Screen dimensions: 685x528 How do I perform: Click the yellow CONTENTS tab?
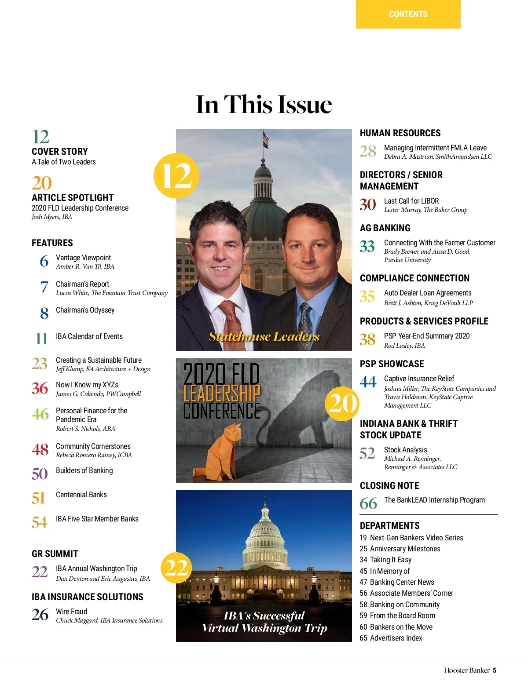[x=408, y=14]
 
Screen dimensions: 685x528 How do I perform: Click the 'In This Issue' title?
[x=264, y=105]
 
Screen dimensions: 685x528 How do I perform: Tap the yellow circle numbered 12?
[x=176, y=175]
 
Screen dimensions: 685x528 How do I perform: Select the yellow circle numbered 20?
[x=342, y=403]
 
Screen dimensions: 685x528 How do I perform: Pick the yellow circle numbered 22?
[x=176, y=568]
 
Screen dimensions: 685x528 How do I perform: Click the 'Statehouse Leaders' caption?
[x=264, y=336]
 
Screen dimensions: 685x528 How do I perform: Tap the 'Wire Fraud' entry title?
[x=72, y=612]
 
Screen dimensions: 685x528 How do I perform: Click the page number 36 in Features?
[x=40, y=388]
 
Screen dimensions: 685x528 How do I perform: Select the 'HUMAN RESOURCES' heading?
[x=400, y=133]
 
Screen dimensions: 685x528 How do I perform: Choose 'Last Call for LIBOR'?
[x=411, y=201]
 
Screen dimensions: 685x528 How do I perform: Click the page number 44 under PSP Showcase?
[x=368, y=382]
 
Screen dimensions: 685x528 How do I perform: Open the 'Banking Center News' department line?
[x=402, y=582]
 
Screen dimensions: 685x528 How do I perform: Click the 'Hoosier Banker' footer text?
[x=466, y=670]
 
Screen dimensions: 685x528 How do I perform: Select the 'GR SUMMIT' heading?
[x=55, y=554]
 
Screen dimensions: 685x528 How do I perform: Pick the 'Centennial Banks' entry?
[x=81, y=495]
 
